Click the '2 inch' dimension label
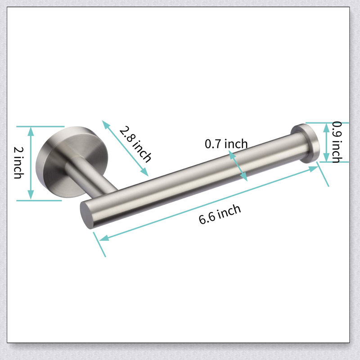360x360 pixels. pyautogui.click(x=18, y=163)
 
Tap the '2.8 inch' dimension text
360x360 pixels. pyautogui.click(x=135, y=144)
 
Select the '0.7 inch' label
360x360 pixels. pyautogui.click(x=226, y=144)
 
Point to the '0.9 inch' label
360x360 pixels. pyautogui.click(x=337, y=142)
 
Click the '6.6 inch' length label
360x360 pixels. pyautogui.click(x=220, y=214)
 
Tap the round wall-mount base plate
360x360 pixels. pyautogui.click(x=72, y=162)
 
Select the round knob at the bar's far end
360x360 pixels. pyautogui.click(x=306, y=143)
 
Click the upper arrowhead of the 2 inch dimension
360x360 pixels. pyautogui.click(x=31, y=131)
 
